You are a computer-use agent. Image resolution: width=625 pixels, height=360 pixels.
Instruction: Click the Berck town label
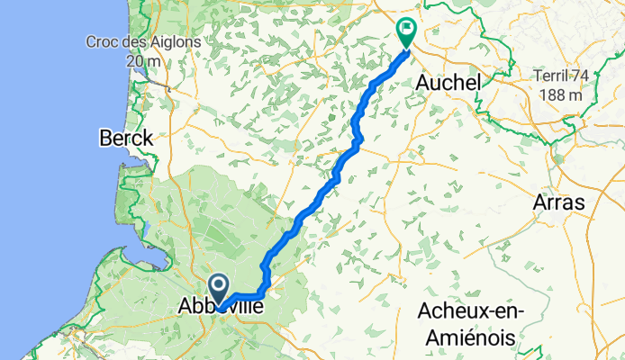126,139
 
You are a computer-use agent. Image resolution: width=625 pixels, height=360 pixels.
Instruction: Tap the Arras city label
559,202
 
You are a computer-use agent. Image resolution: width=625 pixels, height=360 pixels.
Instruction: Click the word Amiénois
475,336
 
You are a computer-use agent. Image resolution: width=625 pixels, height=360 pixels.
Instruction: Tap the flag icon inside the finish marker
407,29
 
